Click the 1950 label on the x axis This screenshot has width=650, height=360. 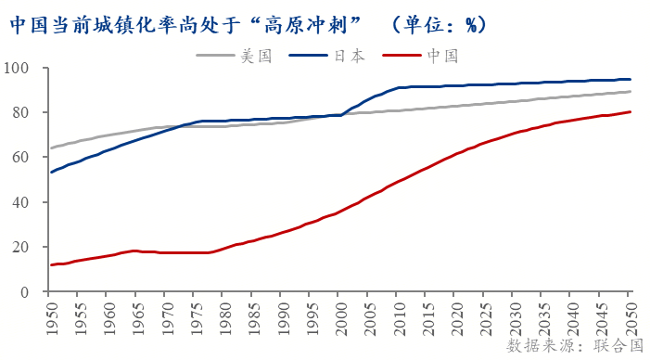pyautogui.click(x=51, y=315)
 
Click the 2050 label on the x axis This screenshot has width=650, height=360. pyautogui.click(x=630, y=315)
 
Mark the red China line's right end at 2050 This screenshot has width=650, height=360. pyautogui.click(x=631, y=112)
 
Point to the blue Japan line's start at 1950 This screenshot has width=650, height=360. pyautogui.click(x=51, y=173)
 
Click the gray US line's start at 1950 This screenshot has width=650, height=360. pyautogui.click(x=51, y=148)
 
